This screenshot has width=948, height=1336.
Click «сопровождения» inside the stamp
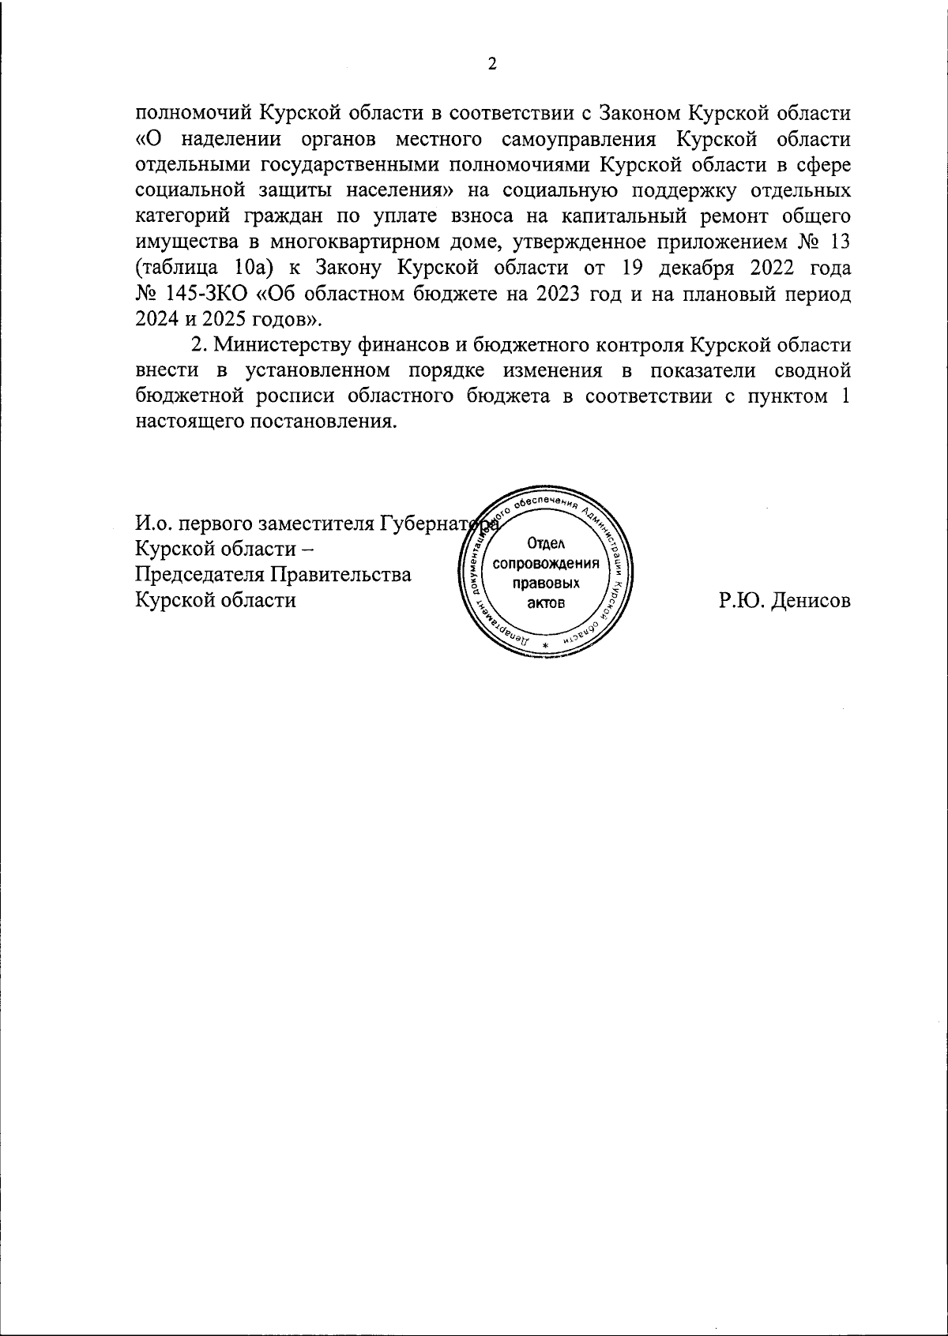click(x=546, y=565)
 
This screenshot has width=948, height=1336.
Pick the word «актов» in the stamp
click(x=546, y=603)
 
